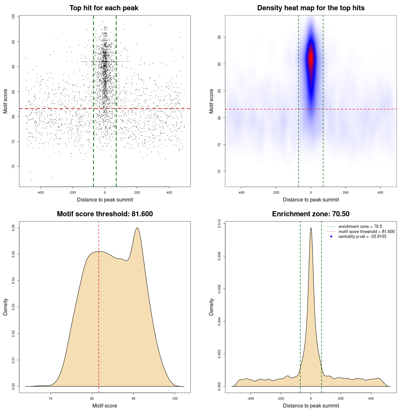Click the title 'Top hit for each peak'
tap(104, 8)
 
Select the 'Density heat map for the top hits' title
tap(311, 8)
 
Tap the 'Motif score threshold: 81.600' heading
tap(105, 214)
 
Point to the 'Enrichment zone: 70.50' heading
tap(311, 214)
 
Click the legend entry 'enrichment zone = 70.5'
tap(360, 227)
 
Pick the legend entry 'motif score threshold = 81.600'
tap(366, 232)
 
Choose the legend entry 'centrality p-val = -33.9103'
tap(362, 237)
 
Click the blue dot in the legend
tap(331, 237)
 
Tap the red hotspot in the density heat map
tap(311, 58)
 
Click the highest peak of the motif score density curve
tap(137, 228)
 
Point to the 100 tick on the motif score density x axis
tap(175, 398)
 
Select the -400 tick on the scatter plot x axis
tap(40, 192)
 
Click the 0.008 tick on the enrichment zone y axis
tap(220, 256)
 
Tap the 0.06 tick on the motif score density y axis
tap(14, 228)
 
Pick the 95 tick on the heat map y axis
tap(220, 37)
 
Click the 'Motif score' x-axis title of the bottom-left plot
tap(105, 406)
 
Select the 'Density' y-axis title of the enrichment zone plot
tap(211, 307)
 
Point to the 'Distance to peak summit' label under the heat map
tap(311, 200)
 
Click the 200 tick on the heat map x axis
tap(345, 192)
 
